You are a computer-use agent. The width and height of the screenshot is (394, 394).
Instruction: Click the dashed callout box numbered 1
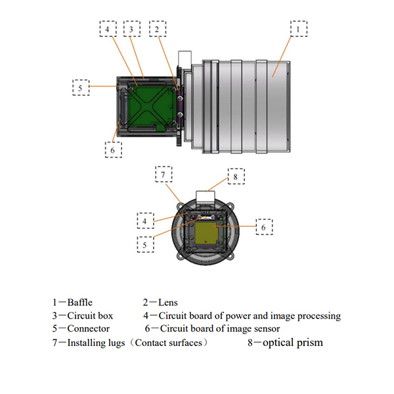pyautogui.click(x=299, y=30)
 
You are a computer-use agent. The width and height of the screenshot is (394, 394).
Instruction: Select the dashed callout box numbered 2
pyautogui.click(x=157, y=30)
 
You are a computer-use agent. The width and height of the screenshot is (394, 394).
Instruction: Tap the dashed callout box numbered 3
pyautogui.click(x=131, y=30)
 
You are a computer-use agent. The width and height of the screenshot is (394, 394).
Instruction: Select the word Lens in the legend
pyautogui.click(x=169, y=303)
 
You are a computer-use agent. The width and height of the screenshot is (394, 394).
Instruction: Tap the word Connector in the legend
pyautogui.click(x=89, y=328)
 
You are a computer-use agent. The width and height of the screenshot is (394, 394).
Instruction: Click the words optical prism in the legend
pyautogui.click(x=293, y=342)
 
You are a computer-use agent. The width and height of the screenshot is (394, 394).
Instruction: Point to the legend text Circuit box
pyautogui.click(x=89, y=316)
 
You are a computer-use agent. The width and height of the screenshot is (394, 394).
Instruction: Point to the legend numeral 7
pyautogui.click(x=55, y=342)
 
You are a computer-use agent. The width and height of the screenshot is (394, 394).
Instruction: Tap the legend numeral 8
pyautogui.click(x=250, y=342)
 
